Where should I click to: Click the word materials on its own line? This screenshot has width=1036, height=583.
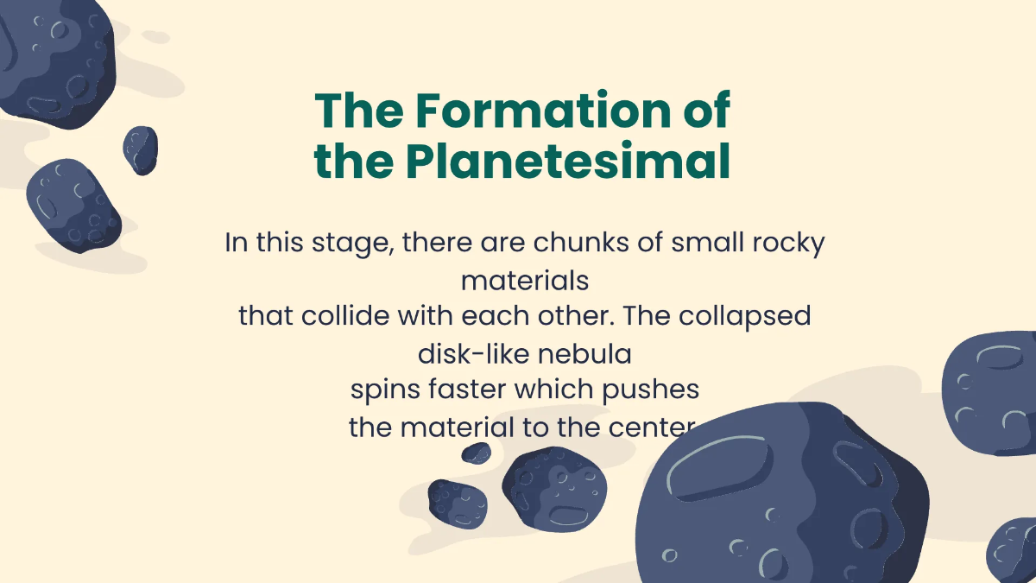point(525,281)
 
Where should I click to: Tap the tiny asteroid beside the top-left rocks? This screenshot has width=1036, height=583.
point(140,149)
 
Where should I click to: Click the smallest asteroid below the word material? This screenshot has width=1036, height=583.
point(476,453)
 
